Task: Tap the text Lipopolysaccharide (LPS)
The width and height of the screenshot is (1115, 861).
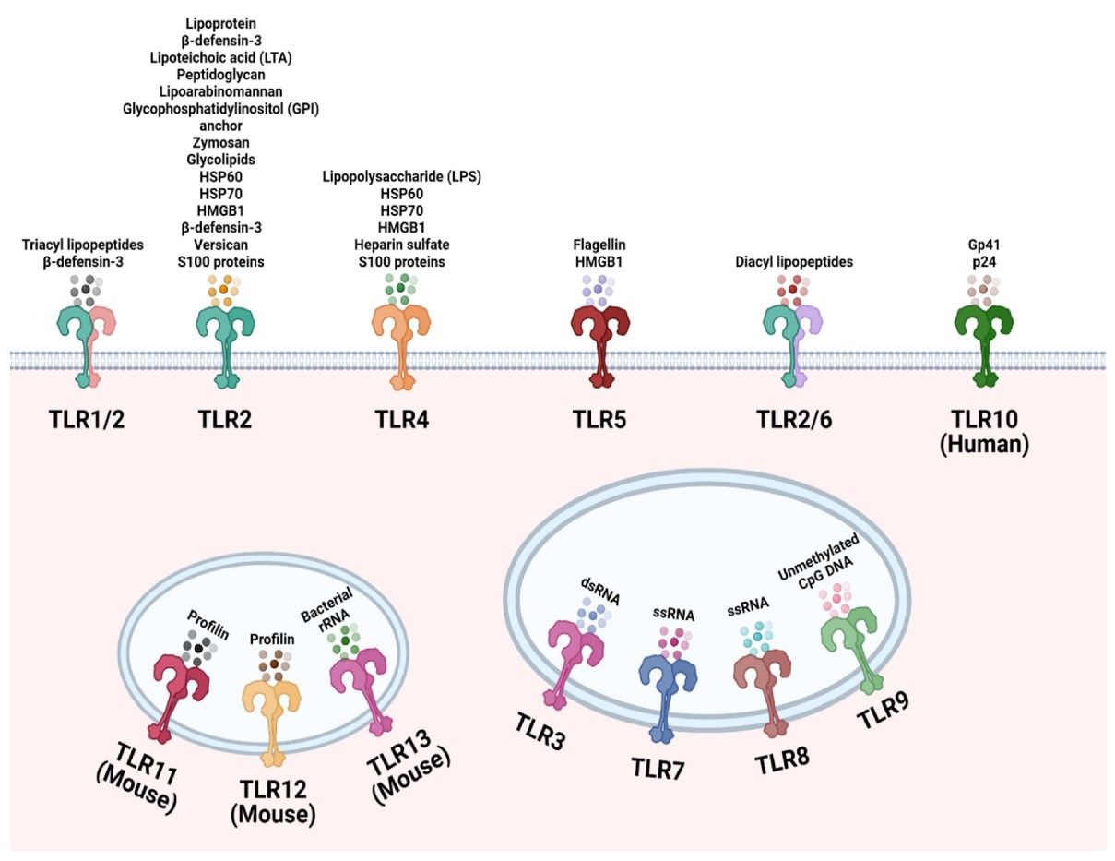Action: coord(401,176)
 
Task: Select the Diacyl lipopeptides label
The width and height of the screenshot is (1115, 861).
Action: coord(793,262)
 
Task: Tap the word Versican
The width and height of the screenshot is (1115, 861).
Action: coord(220,246)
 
